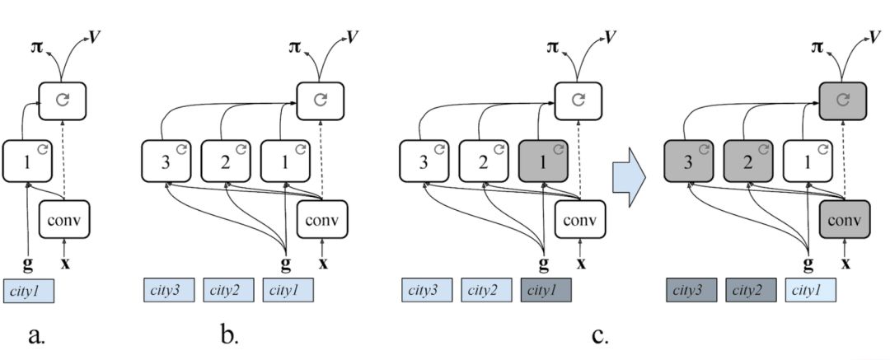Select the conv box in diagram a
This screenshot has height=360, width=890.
[63, 219]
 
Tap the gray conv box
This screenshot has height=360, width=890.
[845, 219]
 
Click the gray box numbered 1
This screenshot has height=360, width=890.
[543, 161]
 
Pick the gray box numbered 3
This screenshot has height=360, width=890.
[688, 161]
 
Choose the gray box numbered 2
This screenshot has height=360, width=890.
[748, 161]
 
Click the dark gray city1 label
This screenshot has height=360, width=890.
[546, 290]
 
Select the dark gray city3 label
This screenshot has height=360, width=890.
[691, 290]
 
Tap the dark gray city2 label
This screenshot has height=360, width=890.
[751, 290]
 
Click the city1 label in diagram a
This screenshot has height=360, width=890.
[29, 291]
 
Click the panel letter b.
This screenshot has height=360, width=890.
[229, 335]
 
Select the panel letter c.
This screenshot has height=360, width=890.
[600, 335]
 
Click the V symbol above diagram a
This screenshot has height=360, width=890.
[94, 37]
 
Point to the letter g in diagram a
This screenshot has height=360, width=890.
[26, 264]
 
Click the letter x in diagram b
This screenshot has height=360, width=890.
[323, 264]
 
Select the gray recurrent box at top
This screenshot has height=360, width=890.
[842, 101]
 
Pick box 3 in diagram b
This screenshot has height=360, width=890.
[166, 161]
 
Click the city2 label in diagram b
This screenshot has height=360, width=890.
[228, 290]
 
